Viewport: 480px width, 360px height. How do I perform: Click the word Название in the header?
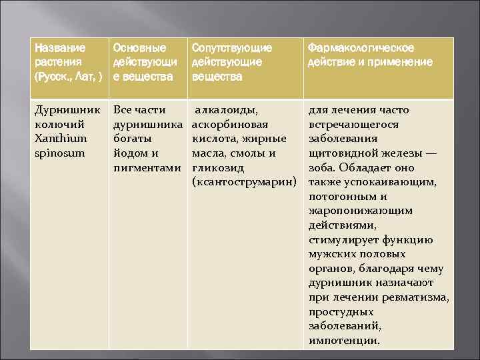pyautogui.click(x=60, y=48)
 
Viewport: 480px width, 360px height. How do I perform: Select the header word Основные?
pyautogui.click(x=139, y=48)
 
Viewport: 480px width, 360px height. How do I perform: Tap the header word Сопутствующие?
pyautogui.click(x=232, y=48)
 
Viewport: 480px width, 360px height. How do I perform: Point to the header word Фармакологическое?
pyautogui.click(x=361, y=48)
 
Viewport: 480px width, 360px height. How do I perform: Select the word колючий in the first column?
pyautogui.click(x=59, y=124)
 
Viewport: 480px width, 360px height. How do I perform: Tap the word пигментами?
pyautogui.click(x=147, y=167)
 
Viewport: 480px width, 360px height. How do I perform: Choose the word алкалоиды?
pyautogui.click(x=227, y=109)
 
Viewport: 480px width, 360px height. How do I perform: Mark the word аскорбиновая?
pyautogui.click(x=230, y=124)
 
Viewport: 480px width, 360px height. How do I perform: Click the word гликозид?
pyautogui.click(x=218, y=167)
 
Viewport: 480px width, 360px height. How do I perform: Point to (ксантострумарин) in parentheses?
pyautogui.click(x=243, y=182)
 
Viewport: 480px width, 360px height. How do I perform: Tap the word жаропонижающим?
pyautogui.click(x=359, y=211)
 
